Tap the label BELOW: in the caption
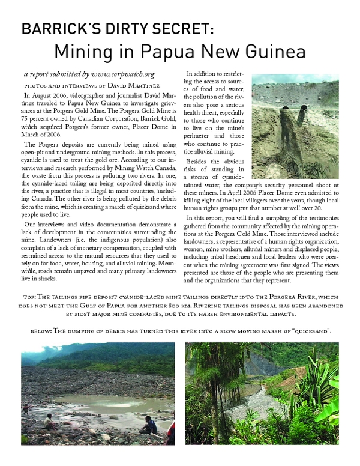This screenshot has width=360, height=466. [42, 331]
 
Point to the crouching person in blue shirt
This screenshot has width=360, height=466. [149, 425]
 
